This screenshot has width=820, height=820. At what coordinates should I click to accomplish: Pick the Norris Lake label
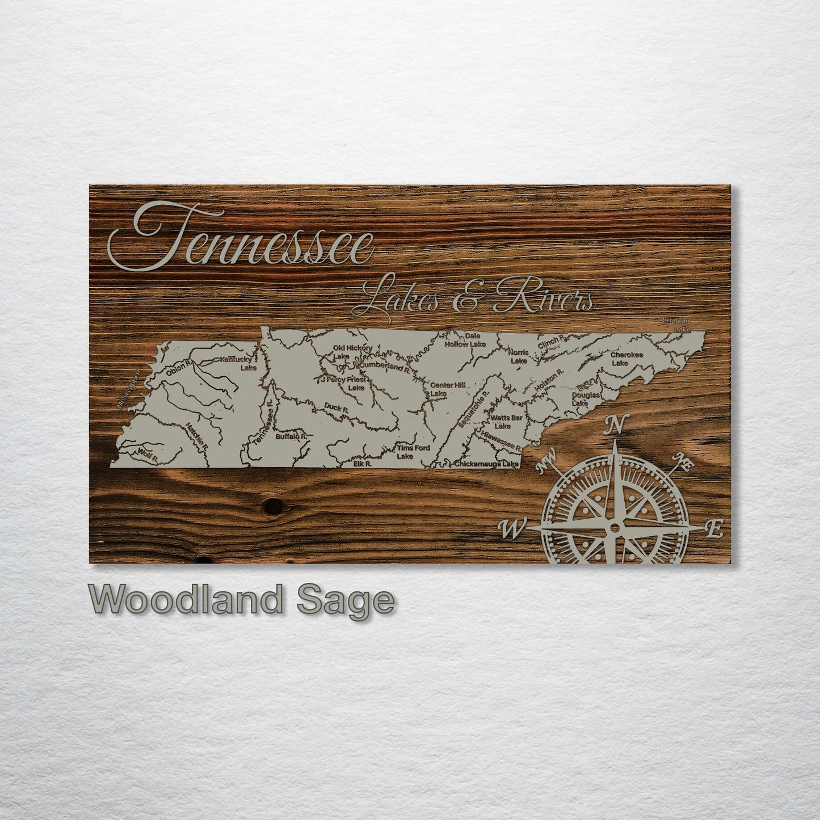519,356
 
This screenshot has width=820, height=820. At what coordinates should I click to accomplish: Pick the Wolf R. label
147,453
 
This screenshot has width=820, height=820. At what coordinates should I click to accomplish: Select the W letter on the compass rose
510,529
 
